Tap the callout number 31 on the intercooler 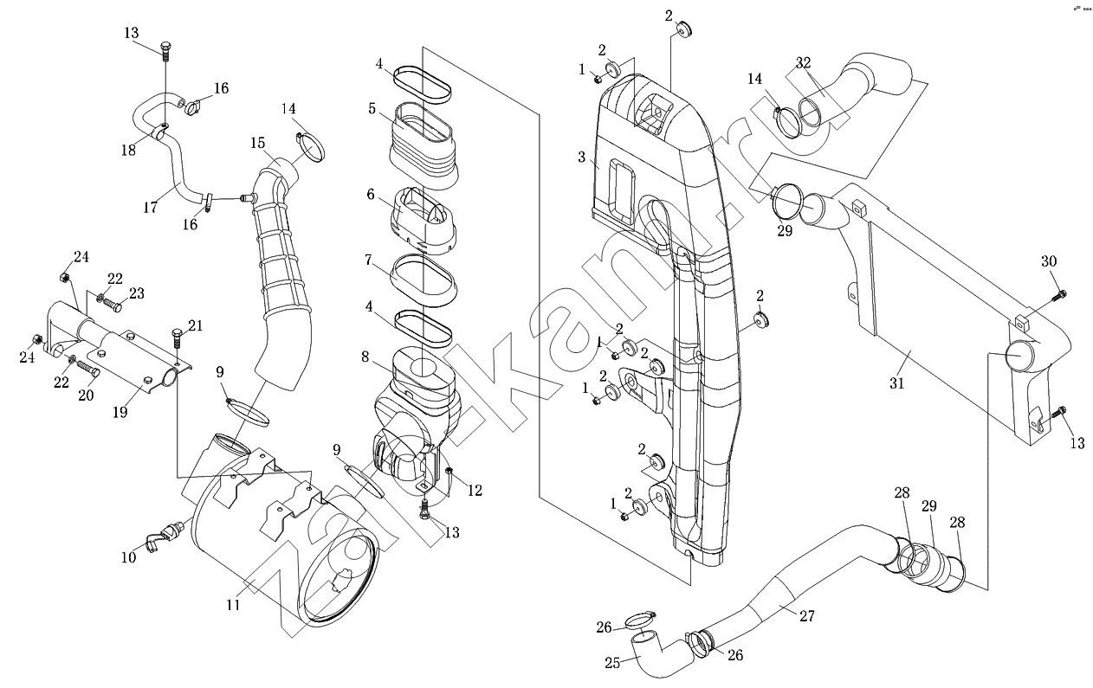(x=896, y=382)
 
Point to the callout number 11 (x=233, y=605)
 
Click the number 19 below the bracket (x=120, y=412)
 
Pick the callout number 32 (x=804, y=62)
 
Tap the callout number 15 (x=258, y=142)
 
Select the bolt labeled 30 (x=1057, y=296)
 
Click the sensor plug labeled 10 (x=157, y=541)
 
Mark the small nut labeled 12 (x=449, y=471)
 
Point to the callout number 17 (x=151, y=208)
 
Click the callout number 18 (x=128, y=150)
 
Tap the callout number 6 (x=371, y=195)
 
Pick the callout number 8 (x=365, y=356)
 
